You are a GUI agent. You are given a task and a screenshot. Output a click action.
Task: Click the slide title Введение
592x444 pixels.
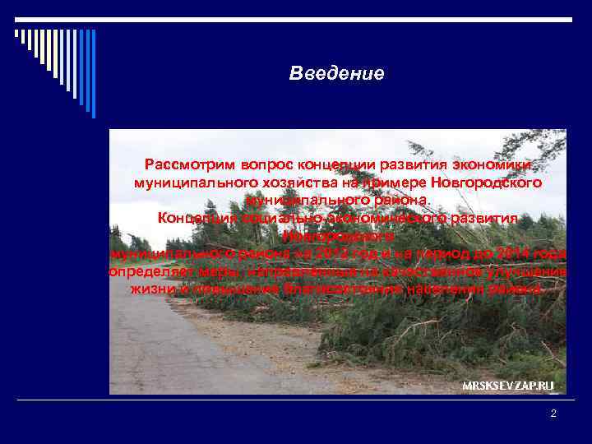point(336,74)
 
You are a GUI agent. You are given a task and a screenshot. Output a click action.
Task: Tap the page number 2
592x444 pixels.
point(553,414)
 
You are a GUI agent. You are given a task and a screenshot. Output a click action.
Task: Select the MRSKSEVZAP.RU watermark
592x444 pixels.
point(507,385)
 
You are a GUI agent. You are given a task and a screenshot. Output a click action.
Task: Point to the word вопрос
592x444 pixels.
point(250,164)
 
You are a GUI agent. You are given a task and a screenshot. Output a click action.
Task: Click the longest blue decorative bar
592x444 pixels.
point(93,74)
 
